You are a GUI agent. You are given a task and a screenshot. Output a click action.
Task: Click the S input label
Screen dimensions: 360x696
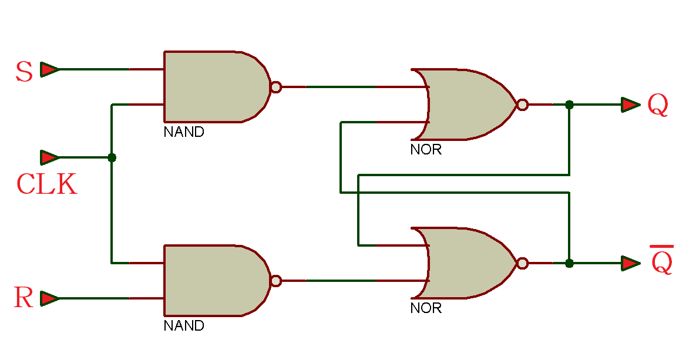click(x=24, y=72)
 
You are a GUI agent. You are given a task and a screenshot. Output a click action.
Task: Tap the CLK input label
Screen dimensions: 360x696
click(x=46, y=184)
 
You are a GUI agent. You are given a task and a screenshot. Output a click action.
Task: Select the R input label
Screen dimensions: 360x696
click(x=23, y=298)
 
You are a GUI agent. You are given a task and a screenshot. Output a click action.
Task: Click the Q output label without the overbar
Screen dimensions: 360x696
click(x=658, y=106)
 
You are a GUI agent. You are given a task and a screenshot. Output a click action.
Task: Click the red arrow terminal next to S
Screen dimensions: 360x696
click(x=49, y=70)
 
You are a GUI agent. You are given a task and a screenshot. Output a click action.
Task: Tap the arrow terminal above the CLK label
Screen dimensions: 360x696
click(x=49, y=157)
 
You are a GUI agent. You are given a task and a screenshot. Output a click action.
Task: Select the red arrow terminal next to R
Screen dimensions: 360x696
click(x=49, y=298)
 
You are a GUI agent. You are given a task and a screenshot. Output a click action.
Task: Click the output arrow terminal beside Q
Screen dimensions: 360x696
click(x=630, y=105)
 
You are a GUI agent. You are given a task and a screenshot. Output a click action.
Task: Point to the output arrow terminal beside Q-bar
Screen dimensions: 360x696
click(x=630, y=263)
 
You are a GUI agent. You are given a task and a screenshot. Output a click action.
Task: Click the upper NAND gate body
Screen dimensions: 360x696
click(x=211, y=87)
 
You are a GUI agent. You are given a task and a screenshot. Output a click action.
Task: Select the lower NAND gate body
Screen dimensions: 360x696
click(x=211, y=281)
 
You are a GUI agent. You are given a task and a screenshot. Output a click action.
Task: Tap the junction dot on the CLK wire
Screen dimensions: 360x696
click(x=112, y=157)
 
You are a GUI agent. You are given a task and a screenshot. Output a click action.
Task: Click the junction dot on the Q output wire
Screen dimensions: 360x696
click(x=569, y=105)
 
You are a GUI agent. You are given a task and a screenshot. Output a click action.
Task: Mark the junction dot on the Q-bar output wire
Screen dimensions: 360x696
click(x=569, y=263)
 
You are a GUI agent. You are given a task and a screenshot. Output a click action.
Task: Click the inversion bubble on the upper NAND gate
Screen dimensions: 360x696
click(x=275, y=87)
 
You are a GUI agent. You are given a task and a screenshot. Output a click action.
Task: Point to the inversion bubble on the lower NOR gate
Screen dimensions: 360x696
click(x=522, y=263)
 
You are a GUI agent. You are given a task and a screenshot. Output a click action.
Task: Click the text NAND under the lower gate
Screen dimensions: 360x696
click(x=184, y=325)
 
